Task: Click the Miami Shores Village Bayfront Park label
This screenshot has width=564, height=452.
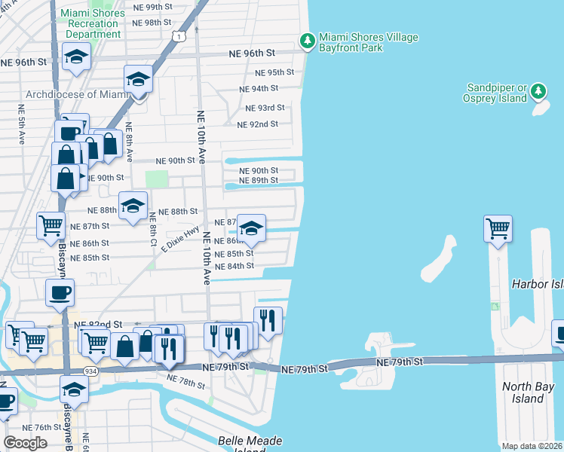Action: [368, 43]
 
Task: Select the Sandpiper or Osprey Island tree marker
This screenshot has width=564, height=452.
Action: [538, 92]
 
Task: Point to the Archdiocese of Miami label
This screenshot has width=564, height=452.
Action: [78, 94]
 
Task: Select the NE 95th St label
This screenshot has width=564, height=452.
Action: [274, 72]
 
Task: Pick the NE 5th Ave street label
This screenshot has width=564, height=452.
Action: [21, 120]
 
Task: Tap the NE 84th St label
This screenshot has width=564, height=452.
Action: [234, 267]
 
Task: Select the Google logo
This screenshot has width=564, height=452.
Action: [25, 443]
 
